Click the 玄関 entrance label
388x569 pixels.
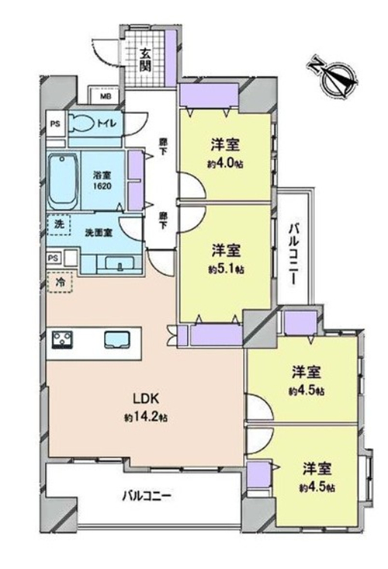[x=145, y=61]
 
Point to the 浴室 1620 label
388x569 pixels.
[x=102, y=181]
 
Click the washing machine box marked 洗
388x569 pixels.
[x=59, y=224]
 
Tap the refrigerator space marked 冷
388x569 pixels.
[x=60, y=282]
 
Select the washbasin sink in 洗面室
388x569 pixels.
[x=120, y=262]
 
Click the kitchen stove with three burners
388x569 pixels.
[x=62, y=340]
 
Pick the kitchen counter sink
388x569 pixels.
[x=117, y=340]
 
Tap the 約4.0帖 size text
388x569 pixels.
[x=225, y=164]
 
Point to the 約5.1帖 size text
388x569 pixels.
[x=226, y=269]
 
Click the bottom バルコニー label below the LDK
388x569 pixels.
[x=147, y=494]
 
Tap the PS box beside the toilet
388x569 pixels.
[x=55, y=123]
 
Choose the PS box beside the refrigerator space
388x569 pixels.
[x=53, y=258]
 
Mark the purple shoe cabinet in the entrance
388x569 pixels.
[x=171, y=58]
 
